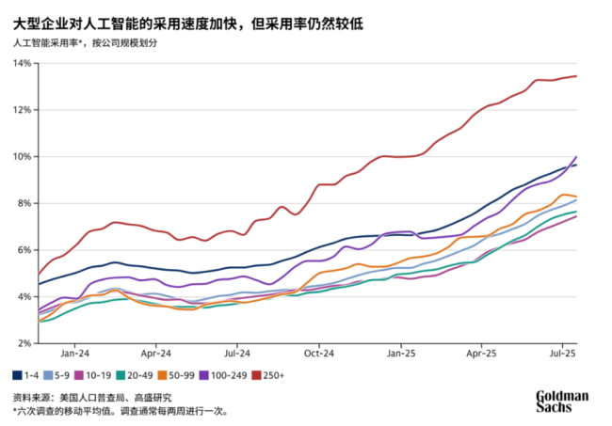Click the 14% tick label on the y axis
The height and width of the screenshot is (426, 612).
22,63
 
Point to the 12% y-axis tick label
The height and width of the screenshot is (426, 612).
22,110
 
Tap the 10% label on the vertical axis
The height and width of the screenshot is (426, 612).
22,156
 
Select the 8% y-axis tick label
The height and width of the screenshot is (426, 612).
24,203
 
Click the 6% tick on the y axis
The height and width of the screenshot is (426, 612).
24,249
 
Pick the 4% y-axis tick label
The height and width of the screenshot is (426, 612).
24,296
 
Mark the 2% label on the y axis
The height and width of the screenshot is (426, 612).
24,342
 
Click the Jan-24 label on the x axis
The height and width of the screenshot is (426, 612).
74,355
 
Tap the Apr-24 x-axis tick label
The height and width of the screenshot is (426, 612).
155,355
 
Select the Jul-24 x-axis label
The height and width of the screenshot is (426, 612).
237,355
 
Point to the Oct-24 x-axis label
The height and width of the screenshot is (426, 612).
319,355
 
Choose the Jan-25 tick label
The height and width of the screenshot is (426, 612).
401,355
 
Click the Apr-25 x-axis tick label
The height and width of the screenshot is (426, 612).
481,355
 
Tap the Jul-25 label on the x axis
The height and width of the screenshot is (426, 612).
562,355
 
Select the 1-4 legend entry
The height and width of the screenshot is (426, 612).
25,375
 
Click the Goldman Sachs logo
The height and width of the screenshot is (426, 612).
562,402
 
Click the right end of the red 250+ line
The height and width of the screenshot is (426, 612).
576,76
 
